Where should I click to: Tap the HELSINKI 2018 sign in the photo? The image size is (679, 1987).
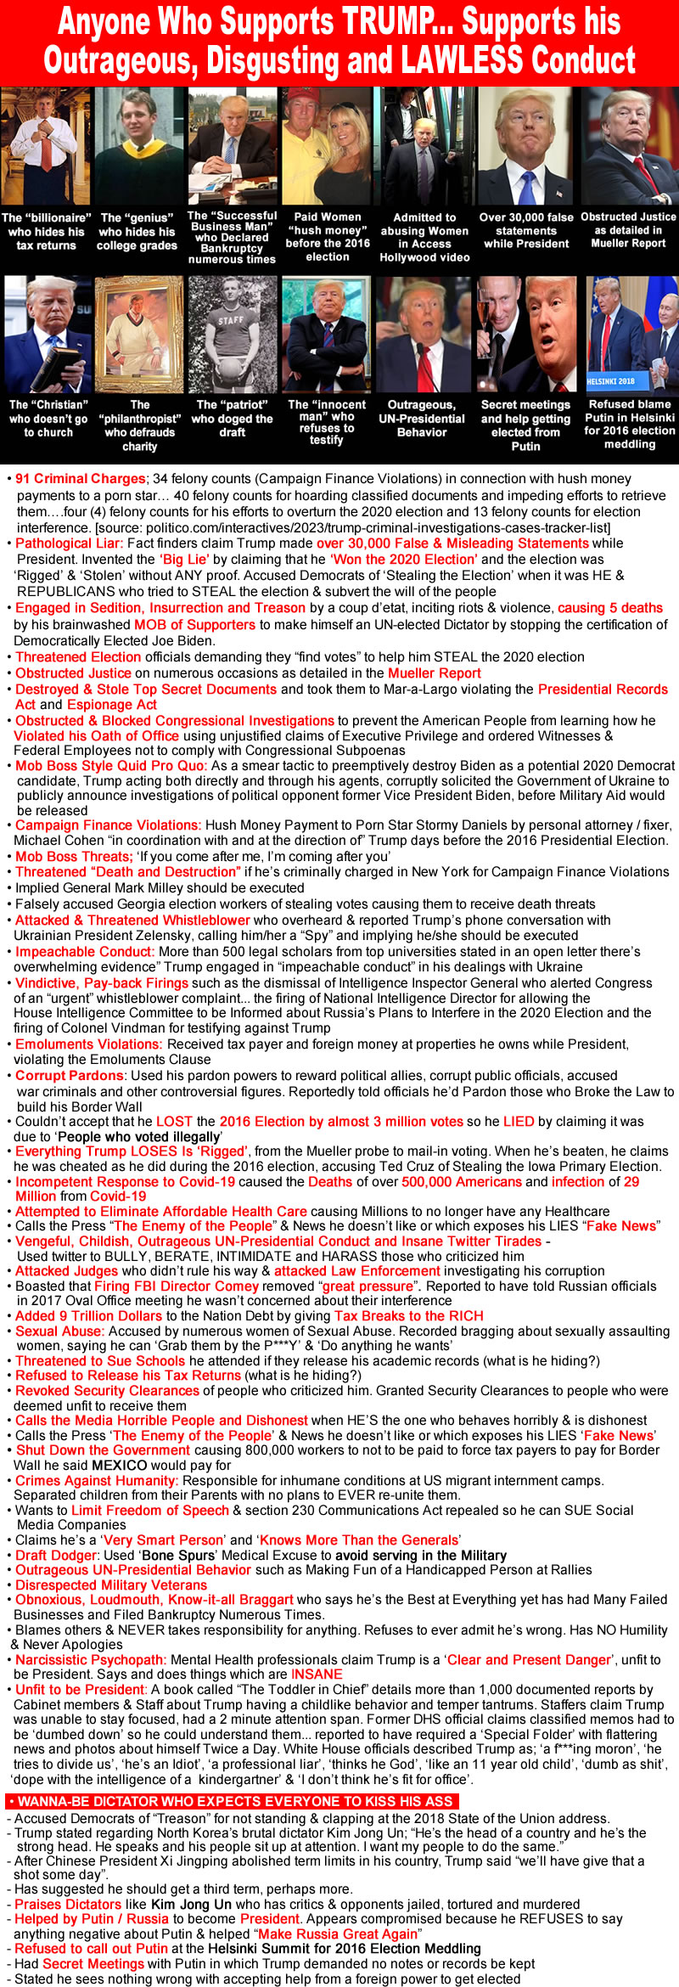click(x=610, y=381)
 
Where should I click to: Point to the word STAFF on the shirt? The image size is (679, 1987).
click(x=231, y=320)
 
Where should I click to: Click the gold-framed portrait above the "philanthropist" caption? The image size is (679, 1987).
click(x=139, y=335)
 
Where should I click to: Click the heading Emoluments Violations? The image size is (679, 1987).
click(x=89, y=1044)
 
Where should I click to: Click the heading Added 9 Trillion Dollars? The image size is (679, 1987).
click(x=88, y=1315)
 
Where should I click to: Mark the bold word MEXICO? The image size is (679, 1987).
click(x=124, y=1465)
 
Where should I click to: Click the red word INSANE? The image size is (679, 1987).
click(x=317, y=1674)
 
